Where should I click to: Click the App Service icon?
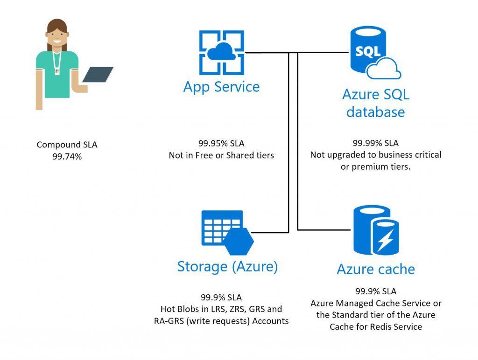pyautogui.click(x=222, y=53)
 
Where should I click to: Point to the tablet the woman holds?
pyautogui.click(x=98, y=75)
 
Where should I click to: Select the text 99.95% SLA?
pyautogui.click(x=221, y=143)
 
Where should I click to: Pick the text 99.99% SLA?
pyautogui.click(x=376, y=143)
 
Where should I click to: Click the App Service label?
pyautogui.click(x=221, y=87)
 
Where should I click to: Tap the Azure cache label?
pyautogui.click(x=376, y=269)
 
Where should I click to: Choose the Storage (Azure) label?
pyautogui.click(x=227, y=266)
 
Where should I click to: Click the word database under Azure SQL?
pyautogui.click(x=375, y=112)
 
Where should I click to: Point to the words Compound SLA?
pyautogui.click(x=67, y=145)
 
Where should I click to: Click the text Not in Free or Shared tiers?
pyautogui.click(x=221, y=155)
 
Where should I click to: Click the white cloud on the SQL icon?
pyautogui.click(x=384, y=69)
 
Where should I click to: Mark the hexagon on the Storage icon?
pyautogui.click(x=238, y=241)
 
